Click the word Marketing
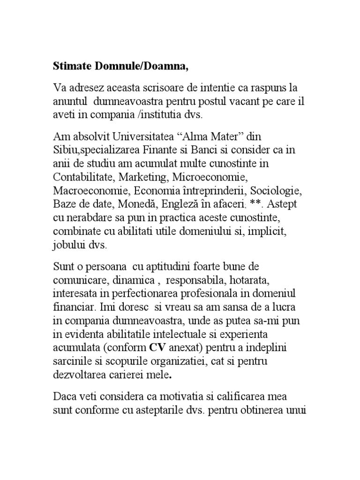[x=143, y=178]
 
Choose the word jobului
[x=69, y=245]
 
